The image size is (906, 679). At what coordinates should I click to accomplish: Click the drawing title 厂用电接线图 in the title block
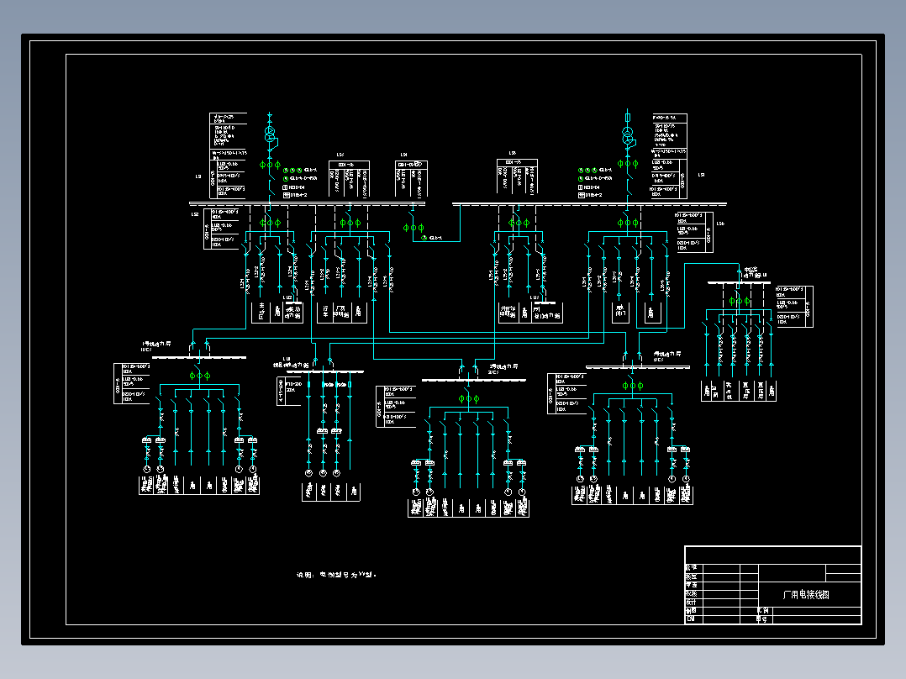pyautogui.click(x=805, y=594)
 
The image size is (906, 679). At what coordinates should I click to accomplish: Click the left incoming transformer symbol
pyautogui.click(x=270, y=134)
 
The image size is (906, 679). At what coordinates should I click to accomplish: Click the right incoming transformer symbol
pyautogui.click(x=627, y=134)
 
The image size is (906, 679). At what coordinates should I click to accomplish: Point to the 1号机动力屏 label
pyautogui.click(x=157, y=345)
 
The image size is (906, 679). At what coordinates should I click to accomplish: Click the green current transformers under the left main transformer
pyautogui.click(x=270, y=164)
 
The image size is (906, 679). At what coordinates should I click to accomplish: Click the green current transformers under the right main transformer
pyautogui.click(x=627, y=164)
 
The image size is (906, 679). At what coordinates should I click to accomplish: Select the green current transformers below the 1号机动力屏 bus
pyautogui.click(x=200, y=375)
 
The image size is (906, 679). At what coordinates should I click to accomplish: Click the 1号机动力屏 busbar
pyautogui.click(x=200, y=358)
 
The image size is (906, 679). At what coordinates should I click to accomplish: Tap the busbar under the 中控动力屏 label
pyautogui.click(x=739, y=283)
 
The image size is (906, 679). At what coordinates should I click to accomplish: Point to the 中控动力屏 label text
pyautogui.click(x=751, y=273)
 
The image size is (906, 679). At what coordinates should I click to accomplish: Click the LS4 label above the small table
pyautogui.click(x=403, y=155)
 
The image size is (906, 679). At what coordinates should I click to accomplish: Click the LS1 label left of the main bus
pyautogui.click(x=198, y=177)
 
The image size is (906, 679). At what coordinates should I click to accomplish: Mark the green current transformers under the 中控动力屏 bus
pyautogui.click(x=739, y=299)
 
